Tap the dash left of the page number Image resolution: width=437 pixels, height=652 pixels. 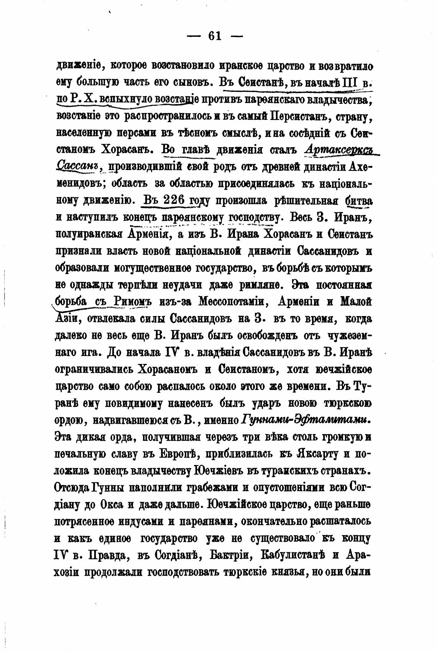pos(194,36)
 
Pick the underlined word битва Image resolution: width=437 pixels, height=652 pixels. pos(359,201)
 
